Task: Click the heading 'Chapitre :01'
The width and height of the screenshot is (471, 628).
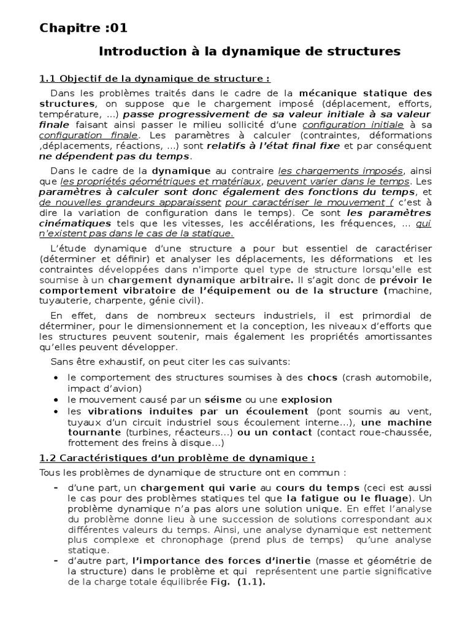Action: (x=84, y=28)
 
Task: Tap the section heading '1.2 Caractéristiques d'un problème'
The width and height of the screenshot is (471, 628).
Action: (x=177, y=457)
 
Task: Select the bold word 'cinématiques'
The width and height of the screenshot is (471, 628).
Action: (x=75, y=224)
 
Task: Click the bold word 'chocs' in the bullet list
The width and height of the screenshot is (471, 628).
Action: (x=323, y=377)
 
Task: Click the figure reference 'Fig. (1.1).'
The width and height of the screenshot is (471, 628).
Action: (x=235, y=583)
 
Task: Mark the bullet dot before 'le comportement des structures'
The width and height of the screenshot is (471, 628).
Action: (x=57, y=377)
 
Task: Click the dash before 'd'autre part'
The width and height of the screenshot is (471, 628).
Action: (x=56, y=561)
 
